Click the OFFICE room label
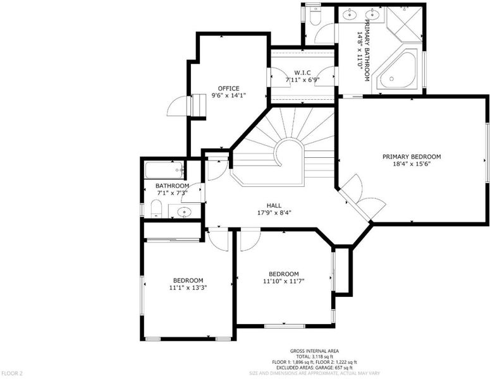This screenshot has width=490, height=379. pos(228,88)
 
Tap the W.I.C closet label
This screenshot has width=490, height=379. pos(302,73)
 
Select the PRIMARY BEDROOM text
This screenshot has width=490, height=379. pos(412,157)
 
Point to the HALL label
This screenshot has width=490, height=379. pos(274,206)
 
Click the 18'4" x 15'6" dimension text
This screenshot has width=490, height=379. pos(412,164)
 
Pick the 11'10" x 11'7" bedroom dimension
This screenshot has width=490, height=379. pos(284,281)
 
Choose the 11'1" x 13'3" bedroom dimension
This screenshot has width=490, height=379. pos(188,288)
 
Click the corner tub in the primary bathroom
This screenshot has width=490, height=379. pos(397,71)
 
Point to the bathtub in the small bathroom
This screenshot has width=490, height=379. pos(164,170)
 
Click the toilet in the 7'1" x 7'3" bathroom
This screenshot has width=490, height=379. pos(156,208)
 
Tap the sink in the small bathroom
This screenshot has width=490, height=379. pos(185,213)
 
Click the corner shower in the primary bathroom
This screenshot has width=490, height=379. pos(404,24)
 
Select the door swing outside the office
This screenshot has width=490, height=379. pos(178,106)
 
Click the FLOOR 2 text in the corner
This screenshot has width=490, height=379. pos(12,373)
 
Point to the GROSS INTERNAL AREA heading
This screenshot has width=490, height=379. pos(314,351)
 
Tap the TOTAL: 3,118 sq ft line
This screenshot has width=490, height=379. pos(314,356)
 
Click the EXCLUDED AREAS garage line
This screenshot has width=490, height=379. pos(314,368)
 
